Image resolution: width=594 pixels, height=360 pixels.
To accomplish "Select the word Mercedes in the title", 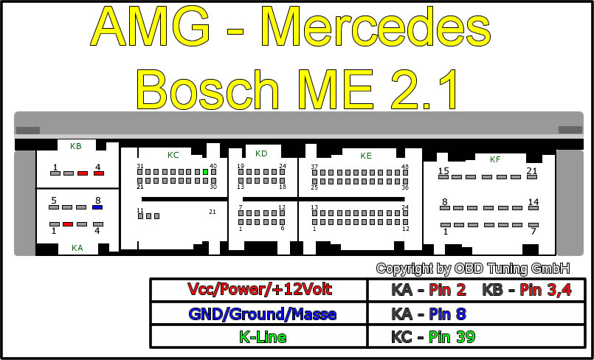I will click(x=376, y=28).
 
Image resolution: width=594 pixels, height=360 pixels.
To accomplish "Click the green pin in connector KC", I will click(x=206, y=172).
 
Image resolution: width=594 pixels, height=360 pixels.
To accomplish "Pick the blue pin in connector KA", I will click(x=97, y=207).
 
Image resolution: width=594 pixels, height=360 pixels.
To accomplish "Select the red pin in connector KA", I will click(x=68, y=224).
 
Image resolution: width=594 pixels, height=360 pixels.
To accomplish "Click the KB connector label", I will click(x=76, y=146).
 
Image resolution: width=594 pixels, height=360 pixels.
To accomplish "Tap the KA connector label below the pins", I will click(x=77, y=248).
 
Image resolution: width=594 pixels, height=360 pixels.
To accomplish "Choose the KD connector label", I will click(x=261, y=153).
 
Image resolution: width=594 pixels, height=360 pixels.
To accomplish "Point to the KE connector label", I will click(x=366, y=156).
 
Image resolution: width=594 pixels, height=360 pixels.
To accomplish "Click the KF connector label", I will click(x=495, y=159).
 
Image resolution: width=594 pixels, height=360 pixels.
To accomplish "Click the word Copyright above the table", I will click(x=408, y=269).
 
